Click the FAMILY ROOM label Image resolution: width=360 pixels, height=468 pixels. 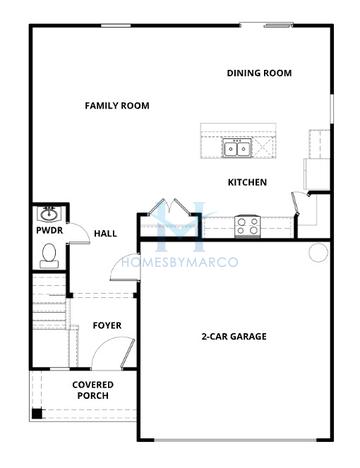tap(116, 105)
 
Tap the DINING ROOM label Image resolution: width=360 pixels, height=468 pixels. tap(258, 72)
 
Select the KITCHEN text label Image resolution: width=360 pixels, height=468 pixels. tap(247, 182)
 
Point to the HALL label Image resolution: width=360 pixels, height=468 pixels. tap(105, 234)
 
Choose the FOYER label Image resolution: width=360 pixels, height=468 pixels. tap(107, 325)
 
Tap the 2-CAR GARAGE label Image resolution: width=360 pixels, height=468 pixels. tap(233, 336)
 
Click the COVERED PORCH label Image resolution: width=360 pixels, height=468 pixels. tap(92, 390)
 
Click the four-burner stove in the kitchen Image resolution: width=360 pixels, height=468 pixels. tap(246, 225)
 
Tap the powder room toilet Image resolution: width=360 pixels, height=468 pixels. tap(48, 255)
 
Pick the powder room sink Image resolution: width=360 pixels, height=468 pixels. tap(48, 214)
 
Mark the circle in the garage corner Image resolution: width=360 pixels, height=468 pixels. tap(318, 252)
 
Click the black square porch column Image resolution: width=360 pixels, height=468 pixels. tap(37, 413)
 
